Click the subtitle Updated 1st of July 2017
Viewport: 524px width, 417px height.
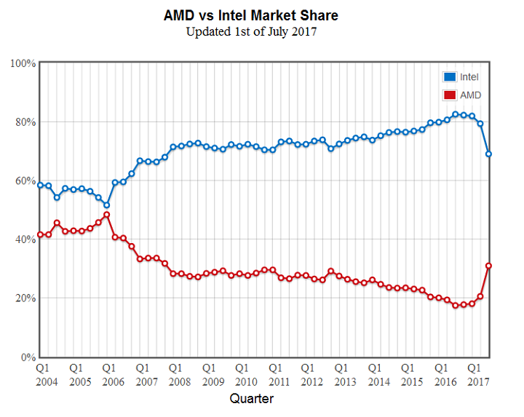coord(251,31)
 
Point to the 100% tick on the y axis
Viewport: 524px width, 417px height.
coord(23,63)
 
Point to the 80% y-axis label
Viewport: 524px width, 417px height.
coord(25,122)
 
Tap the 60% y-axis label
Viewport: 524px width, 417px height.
coord(25,181)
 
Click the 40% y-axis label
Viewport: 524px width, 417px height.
coord(25,240)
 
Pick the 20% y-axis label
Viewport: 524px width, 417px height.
coord(25,299)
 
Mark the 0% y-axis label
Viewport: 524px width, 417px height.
coord(28,357)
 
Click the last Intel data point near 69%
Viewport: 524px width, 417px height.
coord(489,154)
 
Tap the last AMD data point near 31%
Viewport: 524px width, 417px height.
coord(489,266)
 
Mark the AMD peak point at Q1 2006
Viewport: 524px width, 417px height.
coord(106,215)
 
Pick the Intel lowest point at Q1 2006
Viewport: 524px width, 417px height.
coord(106,205)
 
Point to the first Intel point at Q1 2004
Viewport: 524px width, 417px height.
coord(41,185)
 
